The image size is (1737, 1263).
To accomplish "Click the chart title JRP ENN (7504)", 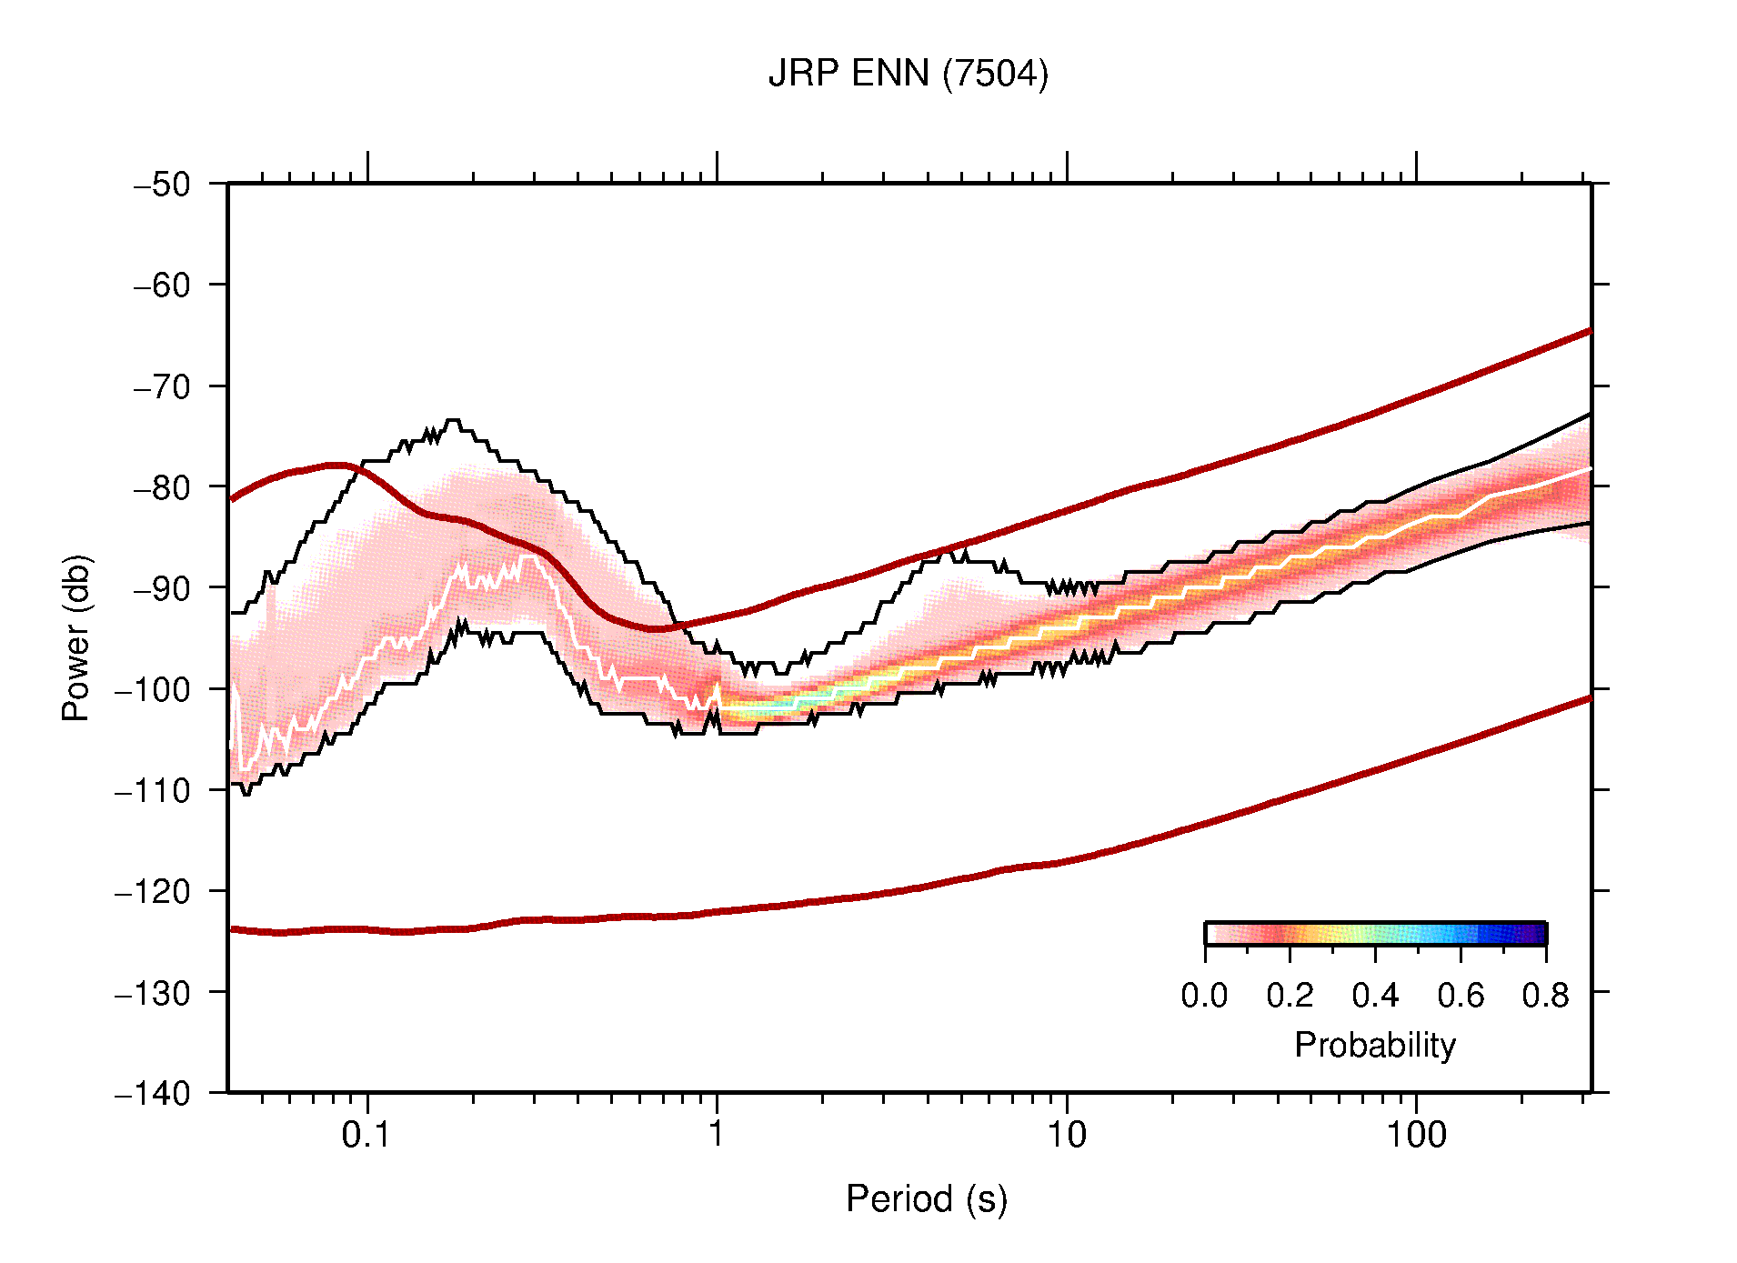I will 908,74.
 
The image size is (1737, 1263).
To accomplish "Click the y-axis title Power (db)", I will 76,637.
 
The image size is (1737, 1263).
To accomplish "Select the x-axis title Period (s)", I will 926,1199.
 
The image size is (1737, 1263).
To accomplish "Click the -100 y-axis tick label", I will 153,689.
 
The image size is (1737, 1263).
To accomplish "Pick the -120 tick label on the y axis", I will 153,892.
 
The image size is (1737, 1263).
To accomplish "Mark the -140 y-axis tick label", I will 153,1094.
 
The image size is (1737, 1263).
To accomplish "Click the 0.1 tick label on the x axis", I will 366,1135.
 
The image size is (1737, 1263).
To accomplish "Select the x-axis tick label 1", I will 717,1135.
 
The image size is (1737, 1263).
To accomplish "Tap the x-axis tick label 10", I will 1066,1135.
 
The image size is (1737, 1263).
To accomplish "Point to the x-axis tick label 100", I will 1416,1135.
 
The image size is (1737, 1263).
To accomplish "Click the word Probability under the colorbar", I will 1374,1046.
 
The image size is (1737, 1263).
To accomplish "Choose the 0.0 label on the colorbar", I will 1204,996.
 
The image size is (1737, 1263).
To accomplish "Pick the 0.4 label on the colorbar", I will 1375,996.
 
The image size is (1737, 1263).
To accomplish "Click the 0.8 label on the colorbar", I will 1545,996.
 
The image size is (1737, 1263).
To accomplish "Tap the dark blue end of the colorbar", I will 1537,934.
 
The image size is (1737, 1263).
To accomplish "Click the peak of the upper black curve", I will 452,421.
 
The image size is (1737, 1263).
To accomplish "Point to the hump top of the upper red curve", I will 336,466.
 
